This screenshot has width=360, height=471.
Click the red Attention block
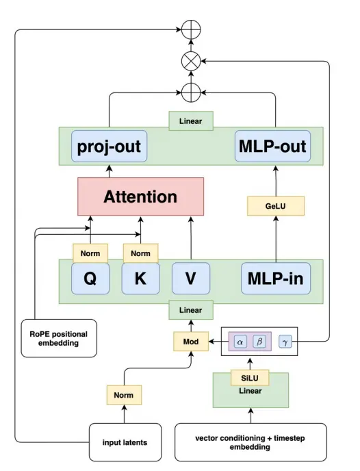[x=140, y=196]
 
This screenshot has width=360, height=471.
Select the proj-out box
[x=109, y=147]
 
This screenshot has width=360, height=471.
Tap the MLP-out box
[x=272, y=147]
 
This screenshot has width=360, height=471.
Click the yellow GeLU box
[x=276, y=206]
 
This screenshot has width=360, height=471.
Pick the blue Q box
[x=90, y=279]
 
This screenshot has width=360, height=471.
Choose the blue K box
[x=140, y=279]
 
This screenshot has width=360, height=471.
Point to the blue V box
[x=191, y=279]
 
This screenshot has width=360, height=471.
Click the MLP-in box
[x=276, y=279]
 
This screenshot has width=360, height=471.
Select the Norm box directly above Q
[x=90, y=253]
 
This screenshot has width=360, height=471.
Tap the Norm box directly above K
[x=140, y=253]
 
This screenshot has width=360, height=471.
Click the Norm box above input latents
[x=124, y=395]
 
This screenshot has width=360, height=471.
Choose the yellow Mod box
[x=191, y=342]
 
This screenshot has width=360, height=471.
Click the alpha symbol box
[x=240, y=342]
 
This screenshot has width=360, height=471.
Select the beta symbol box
[x=259, y=342]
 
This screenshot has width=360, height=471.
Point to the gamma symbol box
[x=285, y=342]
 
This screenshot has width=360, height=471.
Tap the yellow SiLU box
[x=250, y=378]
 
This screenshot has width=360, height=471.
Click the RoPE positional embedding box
[x=59, y=338]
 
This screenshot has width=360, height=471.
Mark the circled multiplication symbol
[x=191, y=62]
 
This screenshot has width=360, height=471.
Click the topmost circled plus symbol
[x=191, y=29]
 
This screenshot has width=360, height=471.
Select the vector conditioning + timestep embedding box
[x=250, y=442]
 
